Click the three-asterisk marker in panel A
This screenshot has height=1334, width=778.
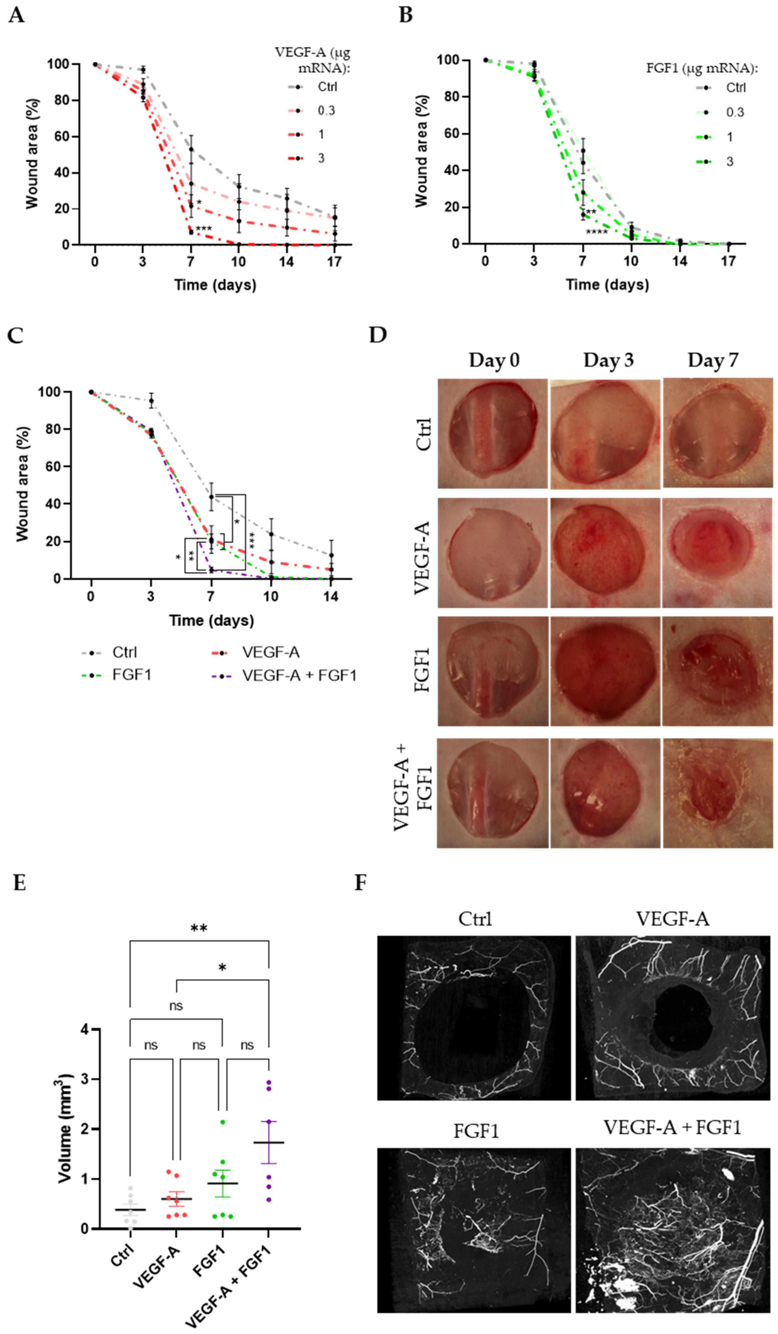coord(204,229)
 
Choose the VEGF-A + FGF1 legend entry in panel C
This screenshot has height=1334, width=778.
coord(299,675)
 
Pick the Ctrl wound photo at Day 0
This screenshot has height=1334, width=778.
coord(492,433)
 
